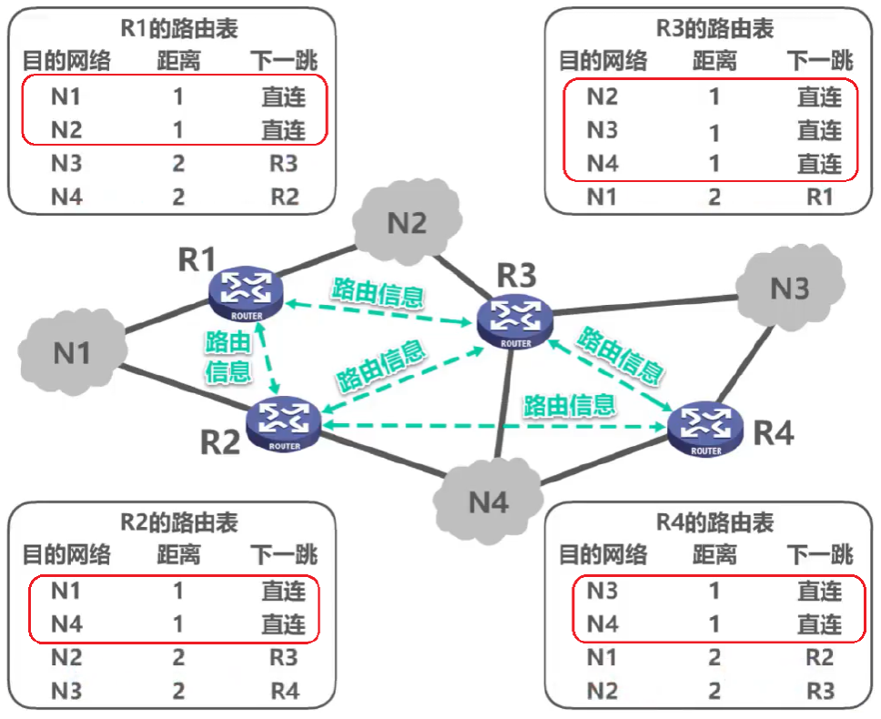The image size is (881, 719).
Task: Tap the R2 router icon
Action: tap(285, 421)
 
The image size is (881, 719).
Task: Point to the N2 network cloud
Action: tap(408, 224)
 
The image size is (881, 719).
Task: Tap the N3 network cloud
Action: tap(789, 288)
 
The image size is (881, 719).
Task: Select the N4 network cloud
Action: tap(488, 501)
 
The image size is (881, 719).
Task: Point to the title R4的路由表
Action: tap(714, 522)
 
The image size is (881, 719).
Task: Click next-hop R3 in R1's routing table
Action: tap(284, 163)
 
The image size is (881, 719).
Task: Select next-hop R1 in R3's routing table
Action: tap(819, 196)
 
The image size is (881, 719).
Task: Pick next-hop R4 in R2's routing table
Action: tap(284, 691)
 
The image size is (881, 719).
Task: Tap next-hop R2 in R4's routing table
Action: tap(819, 657)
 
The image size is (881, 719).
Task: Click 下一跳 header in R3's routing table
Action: tap(819, 61)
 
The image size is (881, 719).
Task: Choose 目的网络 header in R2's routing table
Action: tap(66, 555)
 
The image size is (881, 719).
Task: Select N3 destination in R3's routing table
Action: tap(602, 130)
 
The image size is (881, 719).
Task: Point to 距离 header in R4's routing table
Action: tap(714, 555)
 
